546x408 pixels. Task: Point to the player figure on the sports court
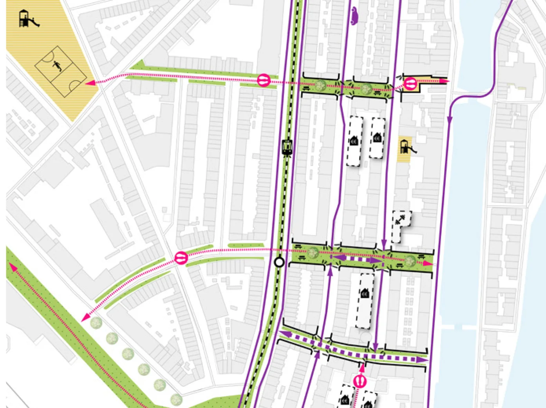(x=58, y=65)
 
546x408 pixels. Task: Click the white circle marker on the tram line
(x=279, y=262)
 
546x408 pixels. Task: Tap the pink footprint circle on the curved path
(x=181, y=258)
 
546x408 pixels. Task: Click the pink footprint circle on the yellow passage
(x=410, y=83)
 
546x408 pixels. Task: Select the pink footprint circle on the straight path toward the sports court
(x=264, y=81)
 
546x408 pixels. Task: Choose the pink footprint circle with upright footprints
(x=360, y=381)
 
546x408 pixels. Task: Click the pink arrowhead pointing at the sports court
(x=89, y=83)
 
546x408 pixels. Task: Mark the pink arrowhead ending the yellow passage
(x=444, y=81)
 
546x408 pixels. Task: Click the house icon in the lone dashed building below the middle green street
(x=365, y=292)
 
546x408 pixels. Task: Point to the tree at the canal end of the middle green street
(x=410, y=260)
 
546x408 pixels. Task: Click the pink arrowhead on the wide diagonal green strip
(x=12, y=267)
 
